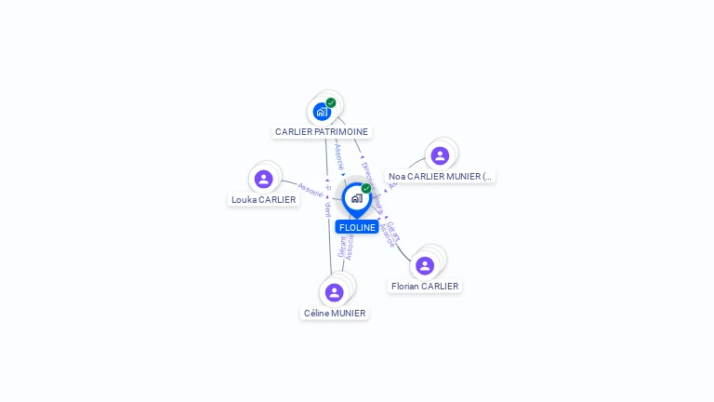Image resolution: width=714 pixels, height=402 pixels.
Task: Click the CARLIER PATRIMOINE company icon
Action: pyautogui.click(x=322, y=112)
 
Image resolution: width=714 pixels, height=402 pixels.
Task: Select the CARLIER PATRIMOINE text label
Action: pyautogui.click(x=322, y=132)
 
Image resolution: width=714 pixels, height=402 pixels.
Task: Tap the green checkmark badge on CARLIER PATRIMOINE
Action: pyautogui.click(x=331, y=103)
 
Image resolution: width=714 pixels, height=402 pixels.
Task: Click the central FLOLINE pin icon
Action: pyautogui.click(x=356, y=198)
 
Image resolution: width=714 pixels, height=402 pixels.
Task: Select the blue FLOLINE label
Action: pyautogui.click(x=357, y=227)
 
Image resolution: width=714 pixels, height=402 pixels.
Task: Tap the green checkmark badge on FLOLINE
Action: pyautogui.click(x=366, y=189)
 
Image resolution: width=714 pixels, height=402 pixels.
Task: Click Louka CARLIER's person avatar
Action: pyautogui.click(x=264, y=179)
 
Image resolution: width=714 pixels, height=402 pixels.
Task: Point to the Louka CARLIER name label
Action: pyautogui.click(x=264, y=199)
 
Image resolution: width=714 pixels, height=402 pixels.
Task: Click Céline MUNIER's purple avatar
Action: pyautogui.click(x=335, y=292)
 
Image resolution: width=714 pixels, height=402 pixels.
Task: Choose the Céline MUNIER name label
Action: pyautogui.click(x=335, y=314)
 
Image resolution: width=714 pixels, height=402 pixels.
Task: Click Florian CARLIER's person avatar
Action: pyautogui.click(x=425, y=265)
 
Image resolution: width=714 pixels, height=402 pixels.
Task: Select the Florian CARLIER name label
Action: pyautogui.click(x=425, y=287)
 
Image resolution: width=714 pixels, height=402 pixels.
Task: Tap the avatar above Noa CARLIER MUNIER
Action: pyautogui.click(x=440, y=155)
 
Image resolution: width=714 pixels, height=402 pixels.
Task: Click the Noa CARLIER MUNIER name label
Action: pyautogui.click(x=440, y=176)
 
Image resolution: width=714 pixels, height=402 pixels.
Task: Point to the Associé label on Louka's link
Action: pyautogui.click(x=311, y=190)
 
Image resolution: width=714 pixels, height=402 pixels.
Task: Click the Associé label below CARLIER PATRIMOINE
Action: pyautogui.click(x=339, y=155)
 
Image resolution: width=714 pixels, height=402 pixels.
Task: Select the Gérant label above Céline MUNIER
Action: pyautogui.click(x=342, y=247)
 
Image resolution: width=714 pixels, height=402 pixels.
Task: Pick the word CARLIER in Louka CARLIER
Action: pyautogui.click(x=277, y=199)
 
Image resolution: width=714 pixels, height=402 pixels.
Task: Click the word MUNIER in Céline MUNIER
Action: pyautogui.click(x=349, y=314)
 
